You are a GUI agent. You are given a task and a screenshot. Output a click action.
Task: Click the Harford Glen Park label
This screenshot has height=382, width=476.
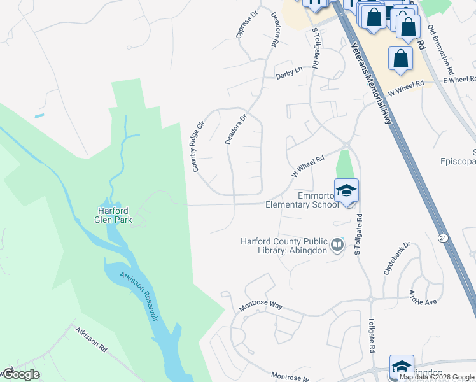click(x=113, y=215)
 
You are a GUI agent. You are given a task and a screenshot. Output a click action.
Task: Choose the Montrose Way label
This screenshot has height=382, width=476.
click(x=260, y=306)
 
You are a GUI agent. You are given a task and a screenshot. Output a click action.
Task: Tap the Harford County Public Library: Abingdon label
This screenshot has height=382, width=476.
click(x=284, y=245)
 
